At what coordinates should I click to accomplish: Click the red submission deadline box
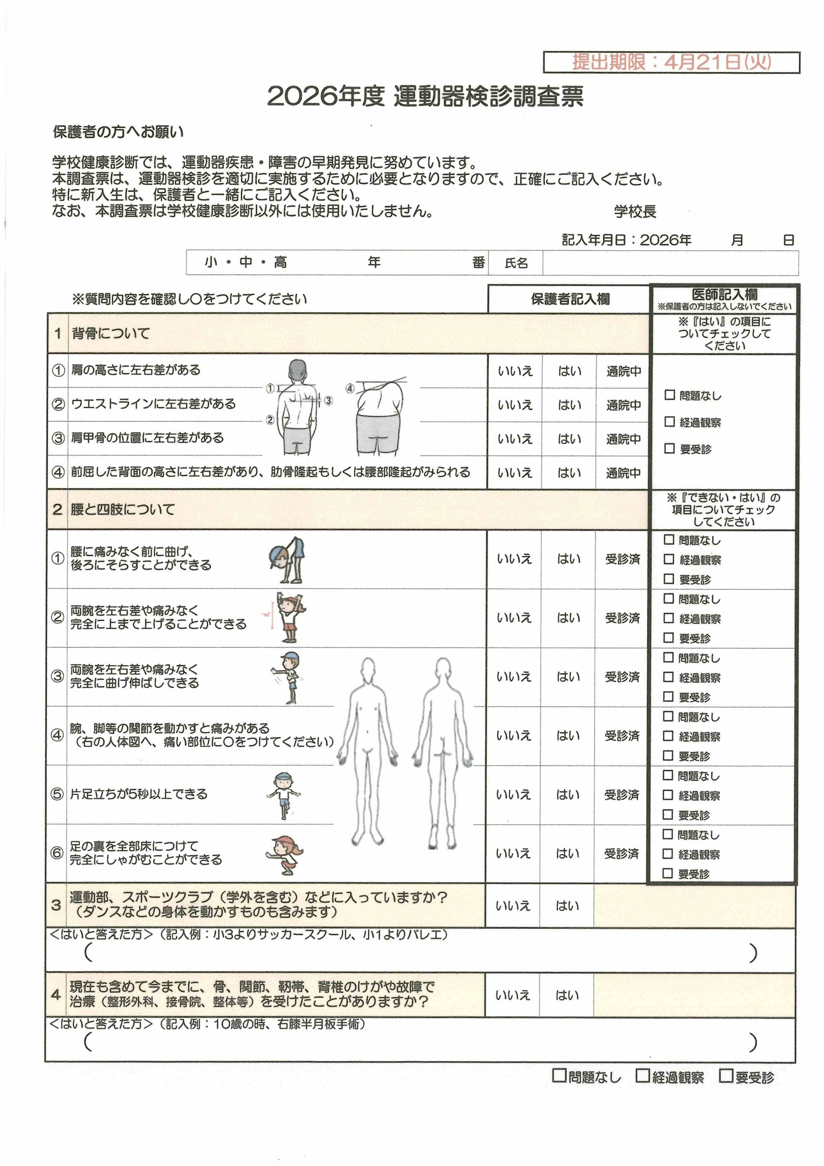(x=671, y=62)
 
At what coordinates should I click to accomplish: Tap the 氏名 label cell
(x=516, y=263)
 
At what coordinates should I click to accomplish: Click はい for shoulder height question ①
(x=569, y=371)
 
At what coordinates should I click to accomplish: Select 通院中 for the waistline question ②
(x=623, y=405)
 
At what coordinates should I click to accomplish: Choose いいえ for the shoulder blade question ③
(x=515, y=439)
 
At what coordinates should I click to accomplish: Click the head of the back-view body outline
(x=443, y=671)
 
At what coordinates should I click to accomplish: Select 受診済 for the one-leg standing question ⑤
(x=621, y=795)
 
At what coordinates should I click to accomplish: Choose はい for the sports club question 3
(x=567, y=905)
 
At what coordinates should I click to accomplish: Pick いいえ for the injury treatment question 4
(x=512, y=995)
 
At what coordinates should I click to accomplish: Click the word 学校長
(x=635, y=211)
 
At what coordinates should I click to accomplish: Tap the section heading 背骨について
(x=111, y=334)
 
